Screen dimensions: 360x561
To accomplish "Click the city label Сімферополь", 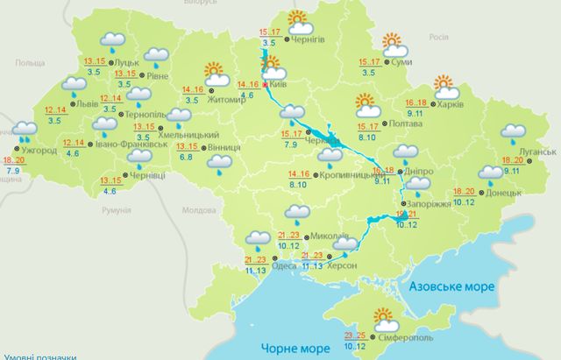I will pos(407,336).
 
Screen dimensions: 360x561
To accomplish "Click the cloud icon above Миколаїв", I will pos(298,214).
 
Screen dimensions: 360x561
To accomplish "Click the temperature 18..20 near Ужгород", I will pos(14,161).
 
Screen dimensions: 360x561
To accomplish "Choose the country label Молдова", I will pos(196,211).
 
